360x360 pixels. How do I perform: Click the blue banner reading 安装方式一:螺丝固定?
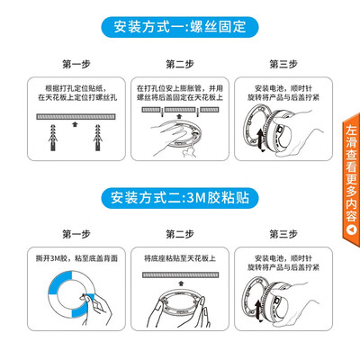(x=180, y=27)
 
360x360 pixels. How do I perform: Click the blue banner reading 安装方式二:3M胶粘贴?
(x=180, y=198)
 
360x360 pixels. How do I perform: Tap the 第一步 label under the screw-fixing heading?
(x=76, y=64)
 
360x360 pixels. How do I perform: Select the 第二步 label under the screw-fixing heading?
(x=180, y=64)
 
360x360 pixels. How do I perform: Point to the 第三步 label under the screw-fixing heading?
(x=283, y=64)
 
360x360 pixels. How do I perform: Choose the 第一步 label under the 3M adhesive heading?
(x=76, y=234)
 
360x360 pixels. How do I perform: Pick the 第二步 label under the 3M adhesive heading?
(x=180, y=234)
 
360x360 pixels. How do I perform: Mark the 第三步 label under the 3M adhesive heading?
(x=283, y=234)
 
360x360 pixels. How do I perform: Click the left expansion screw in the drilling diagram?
(x=53, y=138)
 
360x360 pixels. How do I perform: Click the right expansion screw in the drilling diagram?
(x=98, y=138)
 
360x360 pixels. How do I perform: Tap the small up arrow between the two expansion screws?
(x=76, y=124)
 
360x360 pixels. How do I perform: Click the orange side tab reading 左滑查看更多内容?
(x=351, y=180)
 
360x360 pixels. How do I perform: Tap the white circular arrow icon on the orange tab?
(x=351, y=230)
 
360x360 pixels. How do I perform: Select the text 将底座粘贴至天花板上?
(x=180, y=258)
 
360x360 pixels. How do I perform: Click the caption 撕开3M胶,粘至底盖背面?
(x=76, y=258)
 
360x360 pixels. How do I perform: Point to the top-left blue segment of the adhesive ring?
(x=60, y=281)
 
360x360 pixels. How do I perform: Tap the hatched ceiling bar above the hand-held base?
(x=180, y=274)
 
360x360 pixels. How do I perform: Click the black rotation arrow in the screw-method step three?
(x=260, y=140)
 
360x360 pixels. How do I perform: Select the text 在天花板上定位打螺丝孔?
(x=77, y=97)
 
